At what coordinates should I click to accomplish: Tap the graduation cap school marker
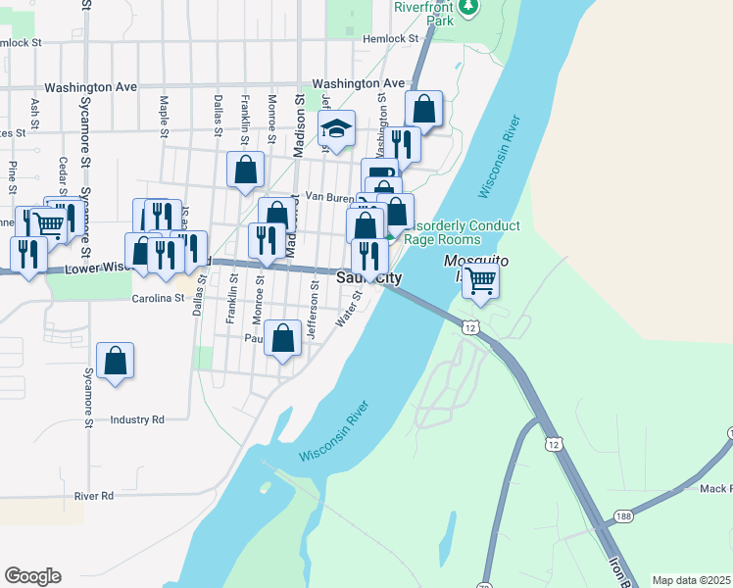tap(335, 128)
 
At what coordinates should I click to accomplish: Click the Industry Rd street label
tap(137, 419)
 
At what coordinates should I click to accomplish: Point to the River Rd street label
tap(94, 496)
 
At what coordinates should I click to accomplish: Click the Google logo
tap(32, 576)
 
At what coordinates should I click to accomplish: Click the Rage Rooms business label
tap(443, 239)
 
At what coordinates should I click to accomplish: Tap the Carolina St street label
tap(159, 298)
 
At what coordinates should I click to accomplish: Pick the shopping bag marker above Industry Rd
tap(116, 360)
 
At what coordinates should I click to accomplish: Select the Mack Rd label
tap(714, 488)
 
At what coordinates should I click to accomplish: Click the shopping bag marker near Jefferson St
tap(283, 339)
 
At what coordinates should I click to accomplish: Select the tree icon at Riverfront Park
tap(469, 7)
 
